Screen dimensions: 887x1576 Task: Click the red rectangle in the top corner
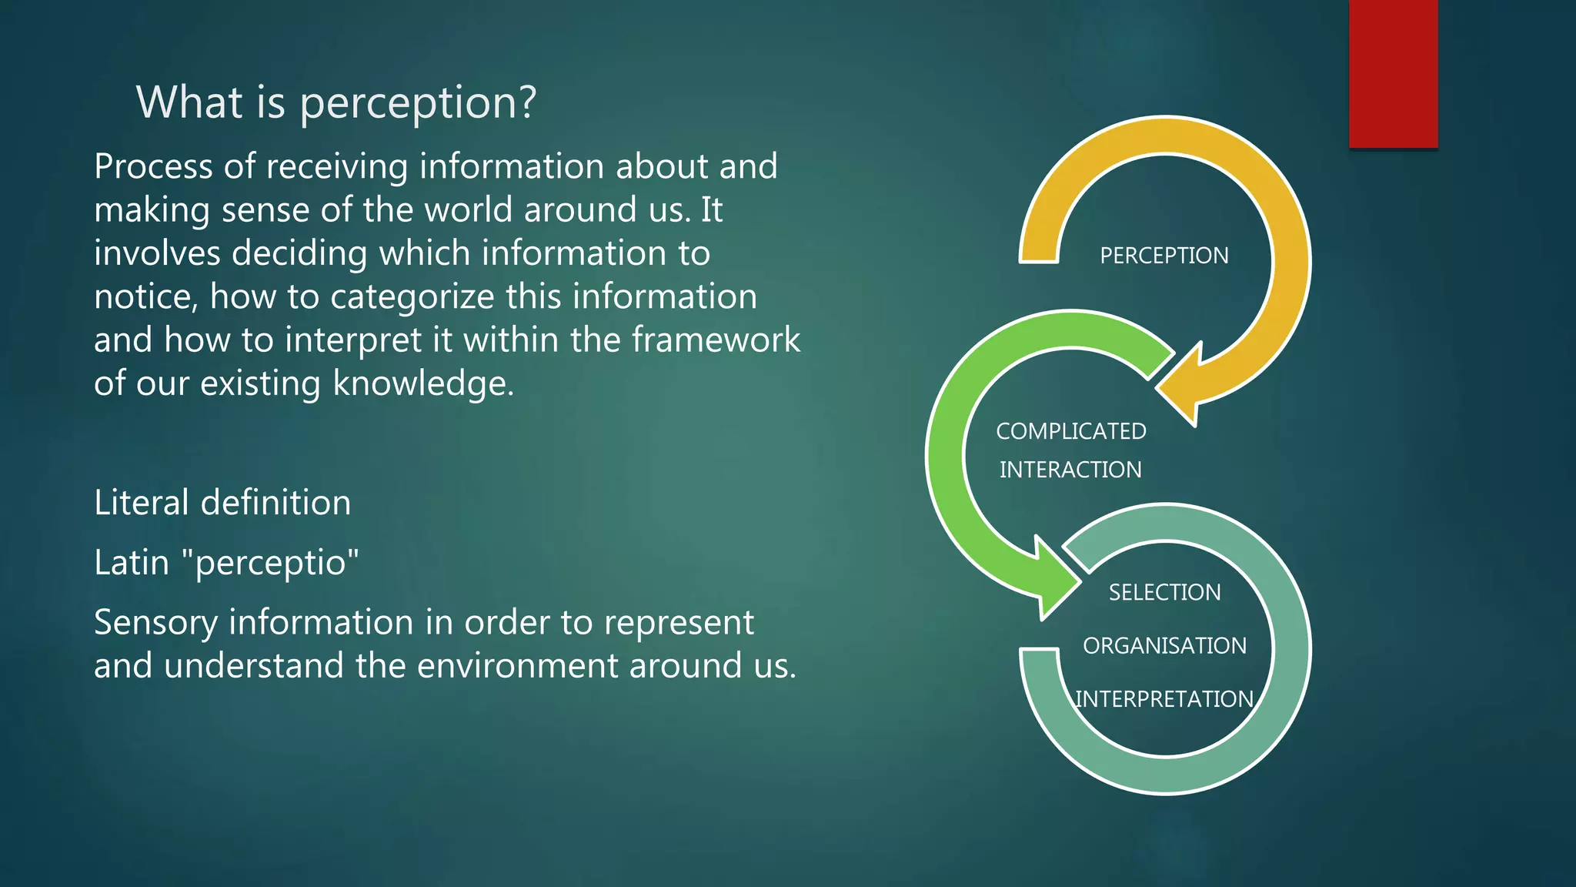click(1393, 74)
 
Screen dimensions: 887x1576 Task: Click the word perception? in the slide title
click(418, 103)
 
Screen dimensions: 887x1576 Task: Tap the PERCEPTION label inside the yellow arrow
click(1164, 256)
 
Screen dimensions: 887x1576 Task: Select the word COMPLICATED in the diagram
click(1070, 431)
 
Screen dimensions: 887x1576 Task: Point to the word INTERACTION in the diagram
click(1070, 470)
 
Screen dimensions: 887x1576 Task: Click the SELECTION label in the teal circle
click(1164, 592)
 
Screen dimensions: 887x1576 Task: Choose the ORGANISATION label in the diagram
click(1164, 645)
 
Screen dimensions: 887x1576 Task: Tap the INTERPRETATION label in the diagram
click(1164, 699)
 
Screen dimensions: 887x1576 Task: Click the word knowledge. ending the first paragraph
click(422, 383)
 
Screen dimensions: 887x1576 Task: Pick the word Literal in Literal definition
click(141, 503)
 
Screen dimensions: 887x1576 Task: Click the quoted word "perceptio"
click(270, 563)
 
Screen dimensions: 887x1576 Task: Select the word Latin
click(131, 563)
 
